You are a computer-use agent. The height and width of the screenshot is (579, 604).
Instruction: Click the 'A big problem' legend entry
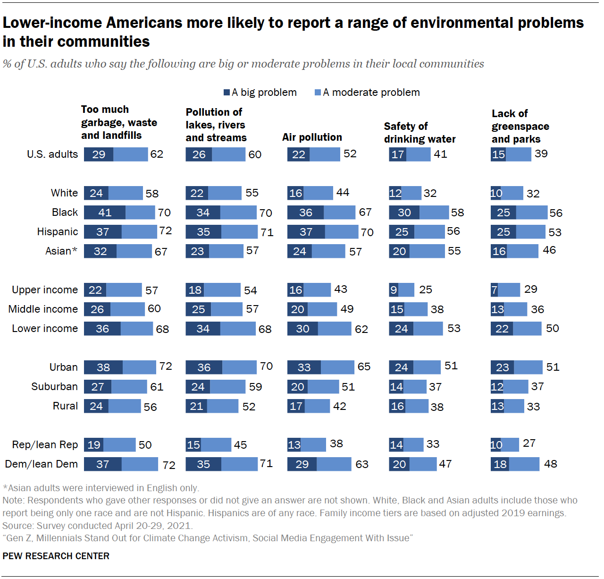coord(260,93)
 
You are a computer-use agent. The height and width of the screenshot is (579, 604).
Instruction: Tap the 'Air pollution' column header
coord(312,137)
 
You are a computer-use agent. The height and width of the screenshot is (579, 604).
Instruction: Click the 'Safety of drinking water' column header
coord(419,133)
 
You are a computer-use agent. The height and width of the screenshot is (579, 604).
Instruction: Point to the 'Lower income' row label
coord(45,329)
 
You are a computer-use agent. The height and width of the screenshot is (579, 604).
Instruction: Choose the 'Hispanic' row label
coord(58,232)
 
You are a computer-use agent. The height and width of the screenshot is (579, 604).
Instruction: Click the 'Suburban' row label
coord(54,387)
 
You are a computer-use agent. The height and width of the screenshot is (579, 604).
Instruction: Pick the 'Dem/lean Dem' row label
coord(42,464)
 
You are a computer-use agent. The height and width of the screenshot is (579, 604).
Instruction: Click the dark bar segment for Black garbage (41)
coord(105,213)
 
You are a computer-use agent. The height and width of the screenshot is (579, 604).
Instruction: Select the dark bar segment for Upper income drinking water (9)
coord(394,290)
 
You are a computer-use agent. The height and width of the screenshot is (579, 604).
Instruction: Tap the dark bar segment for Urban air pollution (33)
coord(304,367)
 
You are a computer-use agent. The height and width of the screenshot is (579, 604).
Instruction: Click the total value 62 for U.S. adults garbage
coord(157,154)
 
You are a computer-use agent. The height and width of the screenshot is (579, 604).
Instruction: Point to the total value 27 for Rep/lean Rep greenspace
coord(529,443)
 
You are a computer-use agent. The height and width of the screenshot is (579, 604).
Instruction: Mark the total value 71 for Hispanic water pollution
coord(267,232)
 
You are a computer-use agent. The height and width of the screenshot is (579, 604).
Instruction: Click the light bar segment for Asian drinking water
coord(427,251)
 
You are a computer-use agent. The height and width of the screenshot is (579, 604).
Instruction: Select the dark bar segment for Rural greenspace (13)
coord(497,406)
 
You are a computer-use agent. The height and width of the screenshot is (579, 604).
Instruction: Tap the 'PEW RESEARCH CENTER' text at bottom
coord(56,556)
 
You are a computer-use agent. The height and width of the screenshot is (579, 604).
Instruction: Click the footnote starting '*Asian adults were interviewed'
coord(101,488)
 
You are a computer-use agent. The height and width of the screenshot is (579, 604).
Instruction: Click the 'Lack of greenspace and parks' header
coord(520,127)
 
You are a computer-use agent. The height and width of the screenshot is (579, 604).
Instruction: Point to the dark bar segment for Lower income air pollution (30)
coord(302,329)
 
